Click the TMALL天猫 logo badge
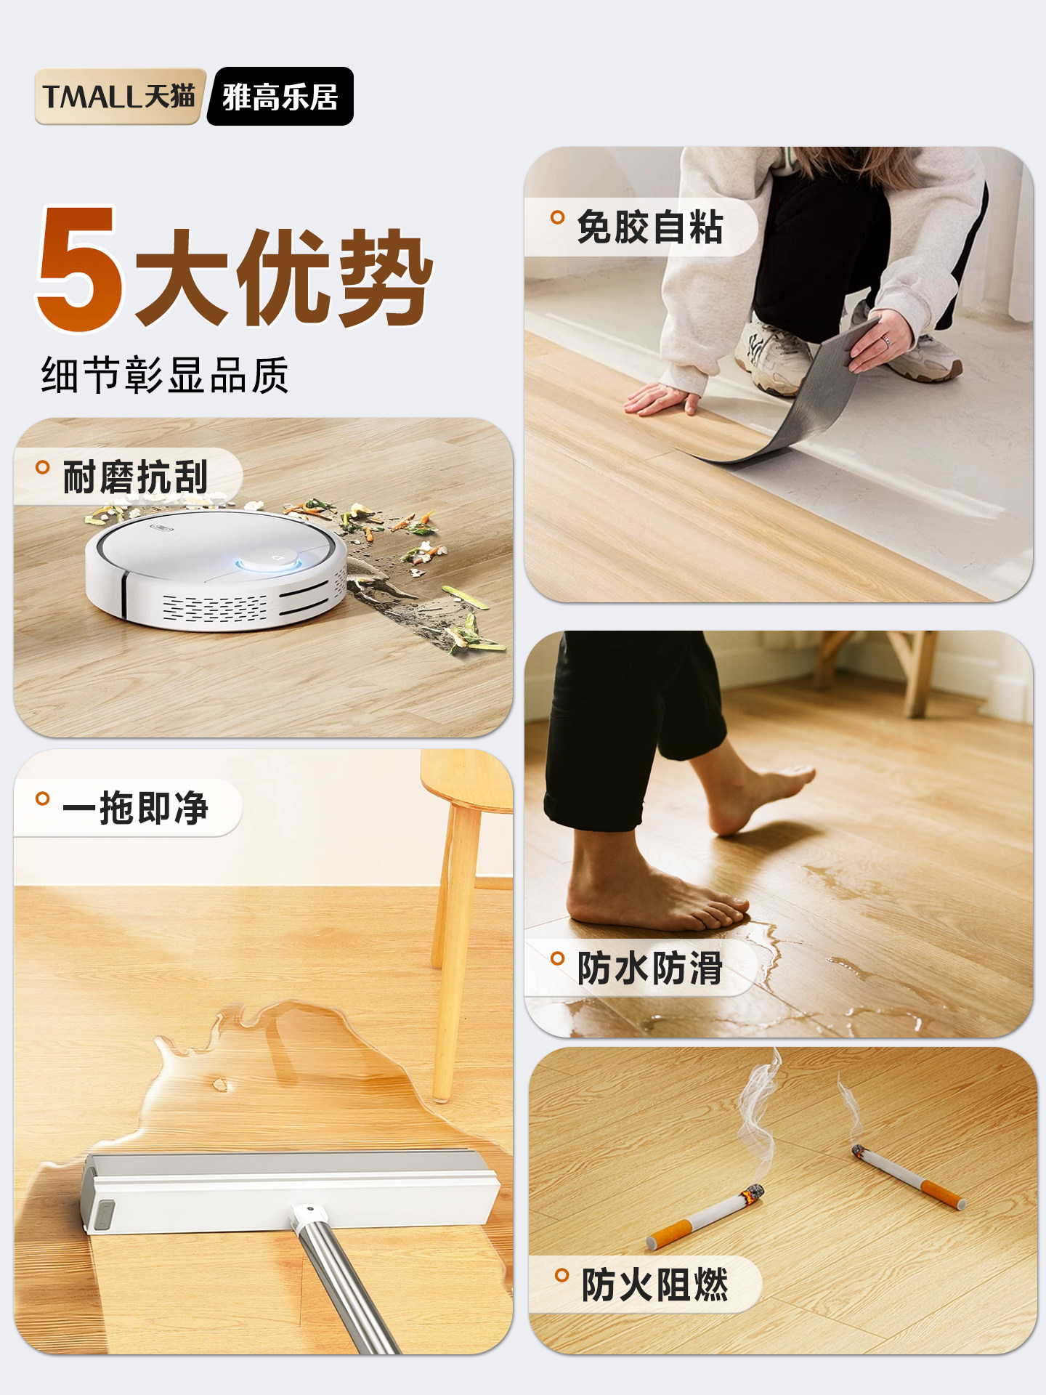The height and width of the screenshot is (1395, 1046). (x=119, y=97)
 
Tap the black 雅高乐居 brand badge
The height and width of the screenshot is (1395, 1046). (x=280, y=97)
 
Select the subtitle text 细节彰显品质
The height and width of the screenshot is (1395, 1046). (x=165, y=376)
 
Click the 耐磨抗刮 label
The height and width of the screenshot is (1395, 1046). (x=135, y=477)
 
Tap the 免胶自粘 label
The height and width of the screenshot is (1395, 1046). (x=649, y=227)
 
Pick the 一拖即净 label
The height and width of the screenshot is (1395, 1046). (x=135, y=807)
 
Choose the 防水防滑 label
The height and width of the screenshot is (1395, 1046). (x=649, y=968)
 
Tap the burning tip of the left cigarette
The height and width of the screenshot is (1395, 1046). (x=753, y=1194)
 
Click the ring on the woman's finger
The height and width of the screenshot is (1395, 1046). (x=885, y=339)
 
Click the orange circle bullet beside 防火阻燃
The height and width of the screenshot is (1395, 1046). (x=561, y=1275)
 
